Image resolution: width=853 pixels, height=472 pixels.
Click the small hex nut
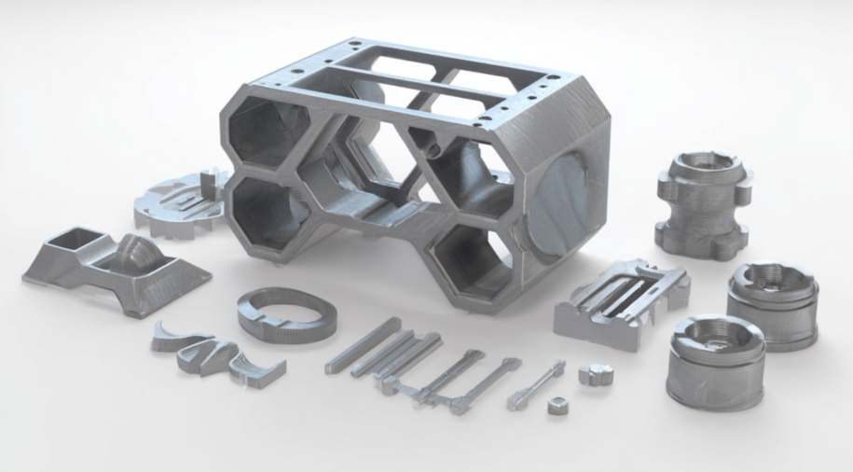[x=558, y=406]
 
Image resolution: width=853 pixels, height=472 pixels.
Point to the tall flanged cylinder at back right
[x=702, y=204]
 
